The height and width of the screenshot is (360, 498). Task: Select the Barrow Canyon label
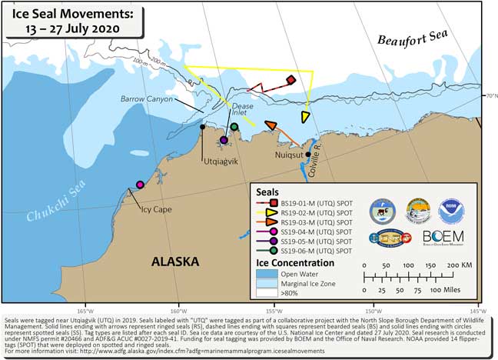tap(145, 98)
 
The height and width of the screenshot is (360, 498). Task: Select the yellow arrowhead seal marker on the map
tap(305, 117)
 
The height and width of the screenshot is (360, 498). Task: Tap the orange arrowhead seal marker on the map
tap(270, 125)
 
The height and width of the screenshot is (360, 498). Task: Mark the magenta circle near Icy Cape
tap(140, 185)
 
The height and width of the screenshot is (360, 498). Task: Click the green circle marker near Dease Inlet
tap(234, 127)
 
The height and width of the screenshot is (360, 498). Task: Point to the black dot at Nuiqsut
tap(308, 154)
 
